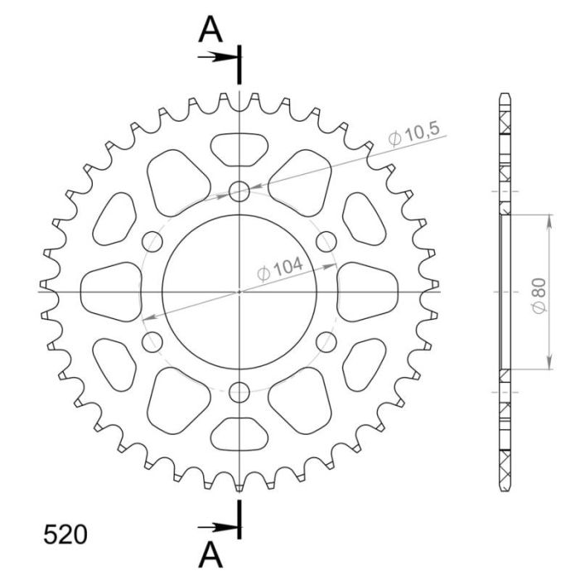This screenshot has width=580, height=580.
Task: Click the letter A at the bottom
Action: tap(212, 553)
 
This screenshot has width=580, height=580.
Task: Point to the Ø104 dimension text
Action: tap(279, 269)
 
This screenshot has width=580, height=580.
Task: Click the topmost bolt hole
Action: tap(239, 191)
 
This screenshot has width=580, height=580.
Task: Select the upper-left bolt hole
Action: tap(152, 241)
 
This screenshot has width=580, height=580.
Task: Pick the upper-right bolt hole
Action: tap(326, 241)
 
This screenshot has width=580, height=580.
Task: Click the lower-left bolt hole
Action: tap(152, 341)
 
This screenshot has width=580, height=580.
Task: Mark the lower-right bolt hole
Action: tap(326, 341)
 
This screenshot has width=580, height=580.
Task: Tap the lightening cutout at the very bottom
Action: tap(239, 434)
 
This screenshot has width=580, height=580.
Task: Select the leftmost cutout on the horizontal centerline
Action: tap(111, 291)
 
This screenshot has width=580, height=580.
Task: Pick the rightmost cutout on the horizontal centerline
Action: tap(368, 291)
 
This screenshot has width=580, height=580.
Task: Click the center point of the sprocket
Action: tap(239, 291)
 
